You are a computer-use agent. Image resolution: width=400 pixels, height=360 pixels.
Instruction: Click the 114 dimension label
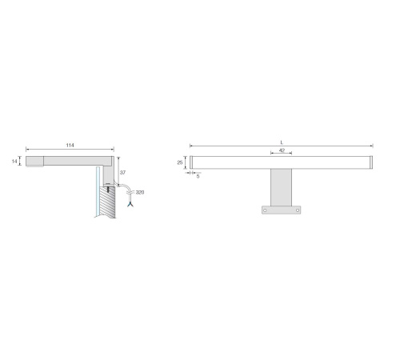pyautogui.click(x=70, y=145)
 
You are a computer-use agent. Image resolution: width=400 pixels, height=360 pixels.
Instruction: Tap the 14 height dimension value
pyautogui.click(x=14, y=162)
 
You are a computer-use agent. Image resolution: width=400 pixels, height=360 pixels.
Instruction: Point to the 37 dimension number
pyautogui.click(x=122, y=173)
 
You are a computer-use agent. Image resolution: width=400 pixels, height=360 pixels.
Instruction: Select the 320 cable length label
pyautogui.click(x=140, y=192)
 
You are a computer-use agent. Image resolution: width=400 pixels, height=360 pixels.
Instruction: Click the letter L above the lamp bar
pyautogui.click(x=282, y=142)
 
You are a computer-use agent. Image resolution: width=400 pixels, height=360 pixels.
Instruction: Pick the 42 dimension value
pyautogui.click(x=282, y=150)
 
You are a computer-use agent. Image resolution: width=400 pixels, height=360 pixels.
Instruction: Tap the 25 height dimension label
pyautogui.click(x=180, y=162)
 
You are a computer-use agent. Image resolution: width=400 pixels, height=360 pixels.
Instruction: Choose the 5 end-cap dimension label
pyautogui.click(x=198, y=176)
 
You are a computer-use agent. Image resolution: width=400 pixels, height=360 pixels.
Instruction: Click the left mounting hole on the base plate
pyautogui.click(x=265, y=210)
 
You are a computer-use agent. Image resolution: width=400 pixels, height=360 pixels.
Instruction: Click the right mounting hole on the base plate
pyautogui.click(x=298, y=210)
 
